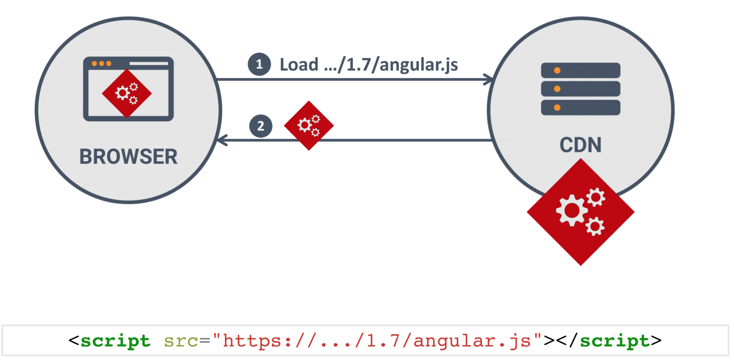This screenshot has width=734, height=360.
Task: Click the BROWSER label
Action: point(128,157)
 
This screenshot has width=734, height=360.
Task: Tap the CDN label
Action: point(580,145)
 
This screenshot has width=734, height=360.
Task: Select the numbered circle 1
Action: point(259,64)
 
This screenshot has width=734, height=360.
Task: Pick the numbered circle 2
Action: point(261,126)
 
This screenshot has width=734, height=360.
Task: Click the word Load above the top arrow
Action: point(299,64)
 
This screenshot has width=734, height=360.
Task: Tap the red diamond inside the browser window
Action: point(127,93)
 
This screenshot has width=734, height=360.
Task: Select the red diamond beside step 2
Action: point(309,125)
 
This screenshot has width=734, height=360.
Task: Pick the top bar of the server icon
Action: point(580,70)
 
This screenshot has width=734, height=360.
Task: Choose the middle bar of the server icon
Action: point(580,89)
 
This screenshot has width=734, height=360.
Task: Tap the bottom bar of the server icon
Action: point(580,107)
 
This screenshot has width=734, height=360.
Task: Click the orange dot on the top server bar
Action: point(557,70)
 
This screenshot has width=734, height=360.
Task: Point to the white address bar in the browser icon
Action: point(148,63)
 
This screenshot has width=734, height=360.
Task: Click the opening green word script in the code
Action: point(115,341)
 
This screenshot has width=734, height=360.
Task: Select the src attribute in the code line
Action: point(181,341)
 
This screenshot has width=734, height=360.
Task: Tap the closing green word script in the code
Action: point(614,341)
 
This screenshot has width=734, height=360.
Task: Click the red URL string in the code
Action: point(377,341)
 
